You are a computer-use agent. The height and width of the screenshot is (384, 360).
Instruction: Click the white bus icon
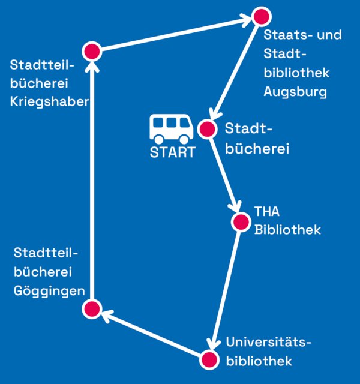(x=172, y=128)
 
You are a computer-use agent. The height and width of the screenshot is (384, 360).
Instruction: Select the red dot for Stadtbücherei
(x=206, y=129)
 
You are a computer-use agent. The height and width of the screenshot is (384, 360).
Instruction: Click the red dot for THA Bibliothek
(x=240, y=222)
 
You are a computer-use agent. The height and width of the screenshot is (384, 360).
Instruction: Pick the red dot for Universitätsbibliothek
(x=209, y=359)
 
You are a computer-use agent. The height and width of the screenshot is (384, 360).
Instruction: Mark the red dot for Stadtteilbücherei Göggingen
(x=91, y=309)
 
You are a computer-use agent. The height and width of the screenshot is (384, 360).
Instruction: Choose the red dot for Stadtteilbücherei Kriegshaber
(x=92, y=52)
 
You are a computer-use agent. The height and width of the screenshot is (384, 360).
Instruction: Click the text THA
(x=267, y=212)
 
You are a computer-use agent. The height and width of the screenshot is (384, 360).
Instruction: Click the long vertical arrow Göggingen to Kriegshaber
(x=92, y=180)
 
